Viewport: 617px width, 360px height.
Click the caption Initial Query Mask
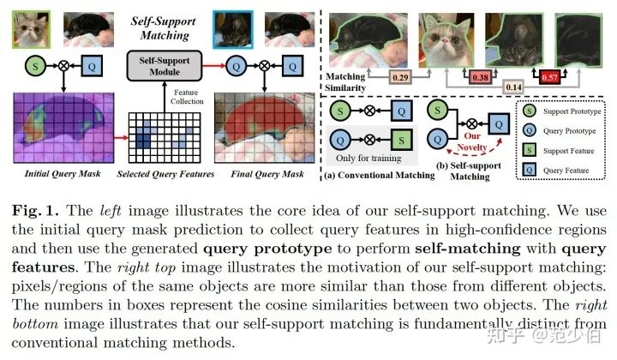[x=54, y=175]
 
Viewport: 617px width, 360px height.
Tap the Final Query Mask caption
[x=267, y=175]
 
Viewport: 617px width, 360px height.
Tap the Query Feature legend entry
[x=563, y=171]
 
